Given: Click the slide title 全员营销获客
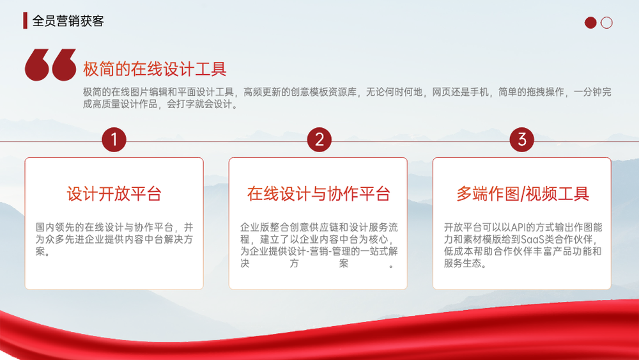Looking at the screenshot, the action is point(68,21).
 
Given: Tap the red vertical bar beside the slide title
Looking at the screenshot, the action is point(26,20).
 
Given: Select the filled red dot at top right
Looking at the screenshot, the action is point(590,22).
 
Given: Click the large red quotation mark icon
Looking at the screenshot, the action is point(50,65).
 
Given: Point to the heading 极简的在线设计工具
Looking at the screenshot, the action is point(155,69).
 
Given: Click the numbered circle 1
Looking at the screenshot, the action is point(114,139).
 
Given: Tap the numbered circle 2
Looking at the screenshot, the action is point(319,139).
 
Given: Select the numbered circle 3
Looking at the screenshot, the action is point(521,139).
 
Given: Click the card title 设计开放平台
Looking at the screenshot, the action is point(114,194).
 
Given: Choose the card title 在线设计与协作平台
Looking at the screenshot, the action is point(319,194).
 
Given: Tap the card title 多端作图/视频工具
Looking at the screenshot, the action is point(523,194).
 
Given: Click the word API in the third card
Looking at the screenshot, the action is point(519,227).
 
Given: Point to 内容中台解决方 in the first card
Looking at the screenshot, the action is point(159,239).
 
